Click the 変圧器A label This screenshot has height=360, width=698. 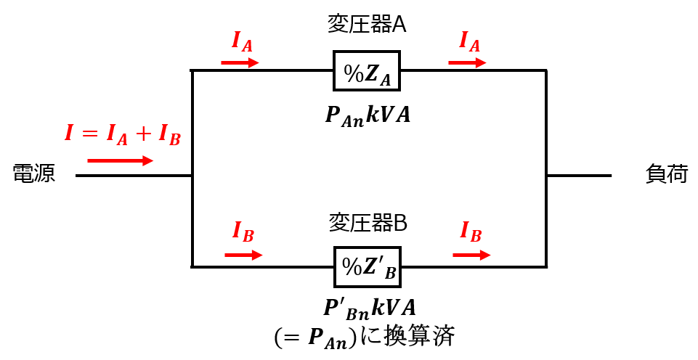pyautogui.click(x=368, y=25)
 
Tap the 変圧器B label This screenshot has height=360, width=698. pyautogui.click(x=368, y=223)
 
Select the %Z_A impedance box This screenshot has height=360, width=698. pyautogui.click(x=367, y=70)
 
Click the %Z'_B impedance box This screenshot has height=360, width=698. pyautogui.click(x=368, y=267)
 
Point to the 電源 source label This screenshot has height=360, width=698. pyautogui.click(x=34, y=173)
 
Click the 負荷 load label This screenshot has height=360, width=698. pyautogui.click(x=667, y=173)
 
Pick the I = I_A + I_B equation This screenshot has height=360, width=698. pyautogui.click(x=123, y=134)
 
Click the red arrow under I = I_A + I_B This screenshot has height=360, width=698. pyautogui.click(x=120, y=160)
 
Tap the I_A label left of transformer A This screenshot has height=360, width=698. pyautogui.click(x=242, y=42)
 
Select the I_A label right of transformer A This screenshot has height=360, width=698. pyautogui.click(x=470, y=42)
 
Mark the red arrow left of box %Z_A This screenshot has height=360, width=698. pyautogui.click(x=240, y=62)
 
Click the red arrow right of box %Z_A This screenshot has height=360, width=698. pyautogui.click(x=468, y=62)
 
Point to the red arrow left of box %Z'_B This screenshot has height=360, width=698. pyautogui.click(x=243, y=255)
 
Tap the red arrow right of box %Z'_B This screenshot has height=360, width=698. pyautogui.click(x=471, y=255)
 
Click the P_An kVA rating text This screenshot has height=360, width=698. pyautogui.click(x=368, y=115)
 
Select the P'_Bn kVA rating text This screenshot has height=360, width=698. pyautogui.click(x=370, y=308)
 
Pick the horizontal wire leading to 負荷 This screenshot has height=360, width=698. pyautogui.click(x=579, y=176)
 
